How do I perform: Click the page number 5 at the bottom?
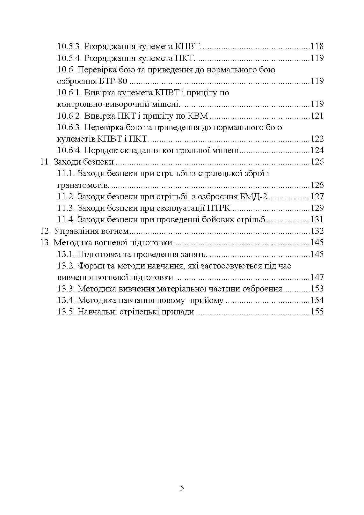[x=182, y=488]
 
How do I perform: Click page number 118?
[x=317, y=47]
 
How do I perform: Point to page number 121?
[x=317, y=116]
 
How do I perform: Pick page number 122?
[x=317, y=139]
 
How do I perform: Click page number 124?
[x=317, y=150]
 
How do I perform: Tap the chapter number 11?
[x=46, y=162]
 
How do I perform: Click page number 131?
[x=317, y=219]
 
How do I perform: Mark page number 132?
[x=317, y=231]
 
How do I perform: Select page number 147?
[x=317, y=277]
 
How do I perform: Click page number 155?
[x=317, y=312]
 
